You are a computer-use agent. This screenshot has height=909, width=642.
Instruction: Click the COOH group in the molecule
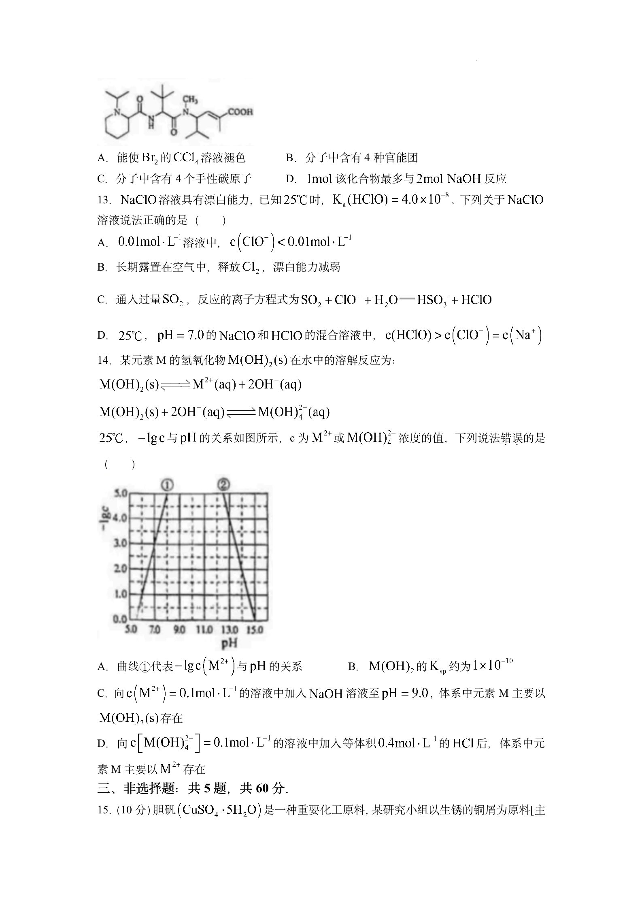coord(240,111)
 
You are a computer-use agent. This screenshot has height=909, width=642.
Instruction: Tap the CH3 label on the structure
coord(190,99)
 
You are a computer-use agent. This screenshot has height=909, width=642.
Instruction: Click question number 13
coord(104,200)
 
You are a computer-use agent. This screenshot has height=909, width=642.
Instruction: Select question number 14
coord(104,360)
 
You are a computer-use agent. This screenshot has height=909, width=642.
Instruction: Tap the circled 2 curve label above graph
coord(223,484)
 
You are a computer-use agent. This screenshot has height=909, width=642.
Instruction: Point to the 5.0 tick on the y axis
coord(121,493)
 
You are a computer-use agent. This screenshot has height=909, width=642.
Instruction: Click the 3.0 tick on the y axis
coord(121,543)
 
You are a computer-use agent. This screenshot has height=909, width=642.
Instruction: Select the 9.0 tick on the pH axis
coord(179,630)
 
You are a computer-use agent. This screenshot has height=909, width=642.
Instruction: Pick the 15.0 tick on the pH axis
coord(255,630)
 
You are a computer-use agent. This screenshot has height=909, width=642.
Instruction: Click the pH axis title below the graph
coord(229,642)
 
